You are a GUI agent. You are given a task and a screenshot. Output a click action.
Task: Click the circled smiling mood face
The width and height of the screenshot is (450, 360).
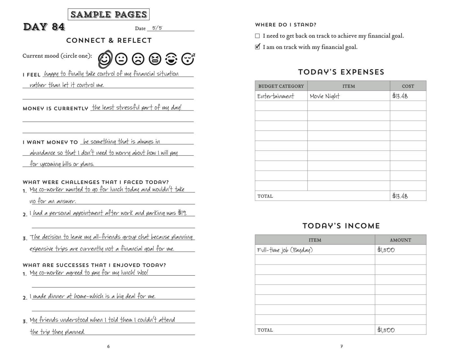click(105, 59)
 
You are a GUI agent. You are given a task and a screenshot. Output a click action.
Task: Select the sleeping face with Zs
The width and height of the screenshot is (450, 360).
click(188, 59)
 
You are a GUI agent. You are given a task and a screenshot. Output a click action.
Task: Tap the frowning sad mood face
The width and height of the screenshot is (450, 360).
click(138, 59)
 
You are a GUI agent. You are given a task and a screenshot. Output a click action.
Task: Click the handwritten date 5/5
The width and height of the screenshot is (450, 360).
click(157, 28)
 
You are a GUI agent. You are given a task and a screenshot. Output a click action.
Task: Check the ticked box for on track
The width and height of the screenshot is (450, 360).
click(258, 47)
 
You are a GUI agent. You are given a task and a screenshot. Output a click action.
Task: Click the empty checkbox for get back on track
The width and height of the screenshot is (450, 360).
click(258, 36)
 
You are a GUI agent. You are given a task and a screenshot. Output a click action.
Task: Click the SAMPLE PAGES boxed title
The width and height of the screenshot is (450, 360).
click(109, 14)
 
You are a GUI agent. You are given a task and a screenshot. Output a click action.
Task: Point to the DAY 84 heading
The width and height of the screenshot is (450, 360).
click(44, 27)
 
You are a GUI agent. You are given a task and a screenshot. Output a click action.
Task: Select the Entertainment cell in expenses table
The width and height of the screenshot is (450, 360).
click(275, 96)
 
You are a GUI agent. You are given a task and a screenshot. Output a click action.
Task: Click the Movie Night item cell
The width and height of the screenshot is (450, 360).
click(325, 96)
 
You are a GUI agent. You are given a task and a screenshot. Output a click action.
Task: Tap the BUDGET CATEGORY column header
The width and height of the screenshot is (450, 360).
click(281, 86)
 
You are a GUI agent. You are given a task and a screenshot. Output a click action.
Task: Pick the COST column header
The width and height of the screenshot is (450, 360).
click(408, 86)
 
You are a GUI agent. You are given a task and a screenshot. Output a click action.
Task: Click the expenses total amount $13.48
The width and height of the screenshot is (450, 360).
click(400, 196)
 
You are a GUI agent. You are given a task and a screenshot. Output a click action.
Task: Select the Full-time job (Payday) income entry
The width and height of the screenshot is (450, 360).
click(285, 250)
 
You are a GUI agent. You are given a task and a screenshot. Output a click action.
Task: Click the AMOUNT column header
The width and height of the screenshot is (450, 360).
click(400, 240)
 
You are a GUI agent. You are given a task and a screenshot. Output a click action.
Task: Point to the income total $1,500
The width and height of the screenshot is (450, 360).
click(386, 330)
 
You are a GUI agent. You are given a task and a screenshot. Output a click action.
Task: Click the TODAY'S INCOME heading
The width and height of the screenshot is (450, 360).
click(341, 226)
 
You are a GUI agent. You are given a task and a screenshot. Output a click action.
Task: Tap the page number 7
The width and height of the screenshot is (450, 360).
click(342, 347)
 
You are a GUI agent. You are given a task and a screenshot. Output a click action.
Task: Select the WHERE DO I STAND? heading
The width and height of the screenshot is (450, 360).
click(286, 25)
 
